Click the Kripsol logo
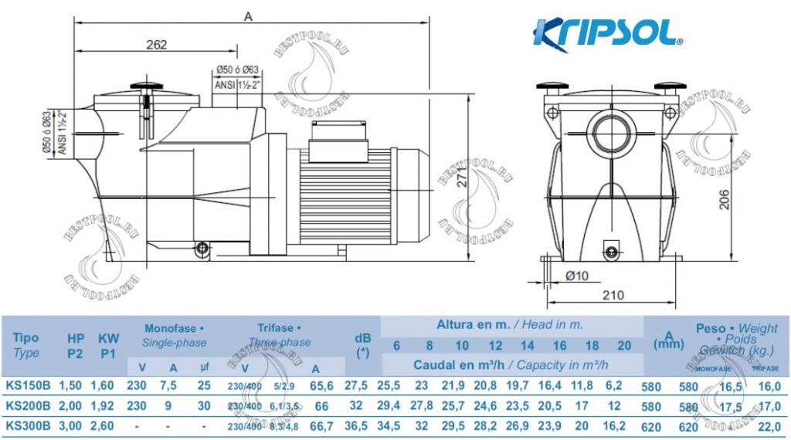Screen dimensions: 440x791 tap(607, 35)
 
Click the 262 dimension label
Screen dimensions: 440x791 tap(156, 45)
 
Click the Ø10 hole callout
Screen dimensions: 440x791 tap(577, 276)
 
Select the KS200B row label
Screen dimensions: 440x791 tap(27, 405)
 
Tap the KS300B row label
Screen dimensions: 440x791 tap(27, 425)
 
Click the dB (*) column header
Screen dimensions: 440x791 tap(362, 344)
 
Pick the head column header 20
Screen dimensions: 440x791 tap(624, 345)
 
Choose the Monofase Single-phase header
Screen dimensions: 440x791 tap(174, 335)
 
